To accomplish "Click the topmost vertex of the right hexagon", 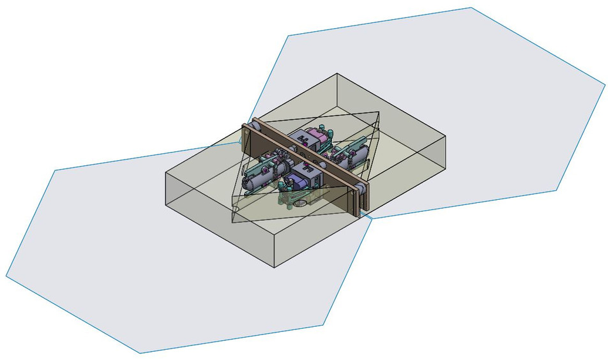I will pos(471,8).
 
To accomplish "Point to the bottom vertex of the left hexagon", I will pos(139,353).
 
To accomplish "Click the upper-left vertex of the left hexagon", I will pos(57,170).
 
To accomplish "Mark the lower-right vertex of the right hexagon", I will pos(557,190).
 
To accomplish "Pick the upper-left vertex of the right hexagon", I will pos(288,36).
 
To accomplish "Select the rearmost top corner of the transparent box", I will pos(336,73).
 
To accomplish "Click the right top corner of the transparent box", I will pos(445,135).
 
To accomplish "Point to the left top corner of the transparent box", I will pos(166,172).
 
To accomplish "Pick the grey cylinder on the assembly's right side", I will pos(354,154).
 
